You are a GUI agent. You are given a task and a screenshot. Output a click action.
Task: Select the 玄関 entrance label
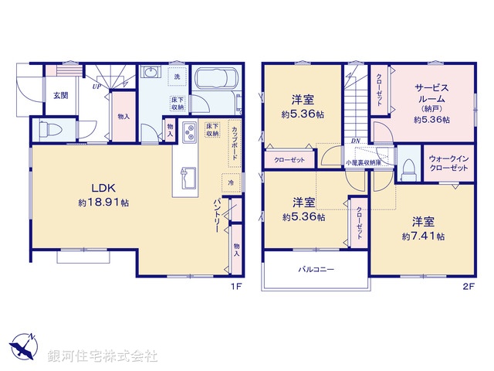tap(59, 96)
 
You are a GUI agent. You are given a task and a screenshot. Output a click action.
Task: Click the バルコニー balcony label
tap(316, 271)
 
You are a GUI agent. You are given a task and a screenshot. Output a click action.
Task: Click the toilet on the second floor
tap(408, 168)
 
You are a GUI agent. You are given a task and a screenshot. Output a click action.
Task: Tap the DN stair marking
tap(355, 141)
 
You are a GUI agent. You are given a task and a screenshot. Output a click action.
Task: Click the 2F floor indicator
tap(467, 285)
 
